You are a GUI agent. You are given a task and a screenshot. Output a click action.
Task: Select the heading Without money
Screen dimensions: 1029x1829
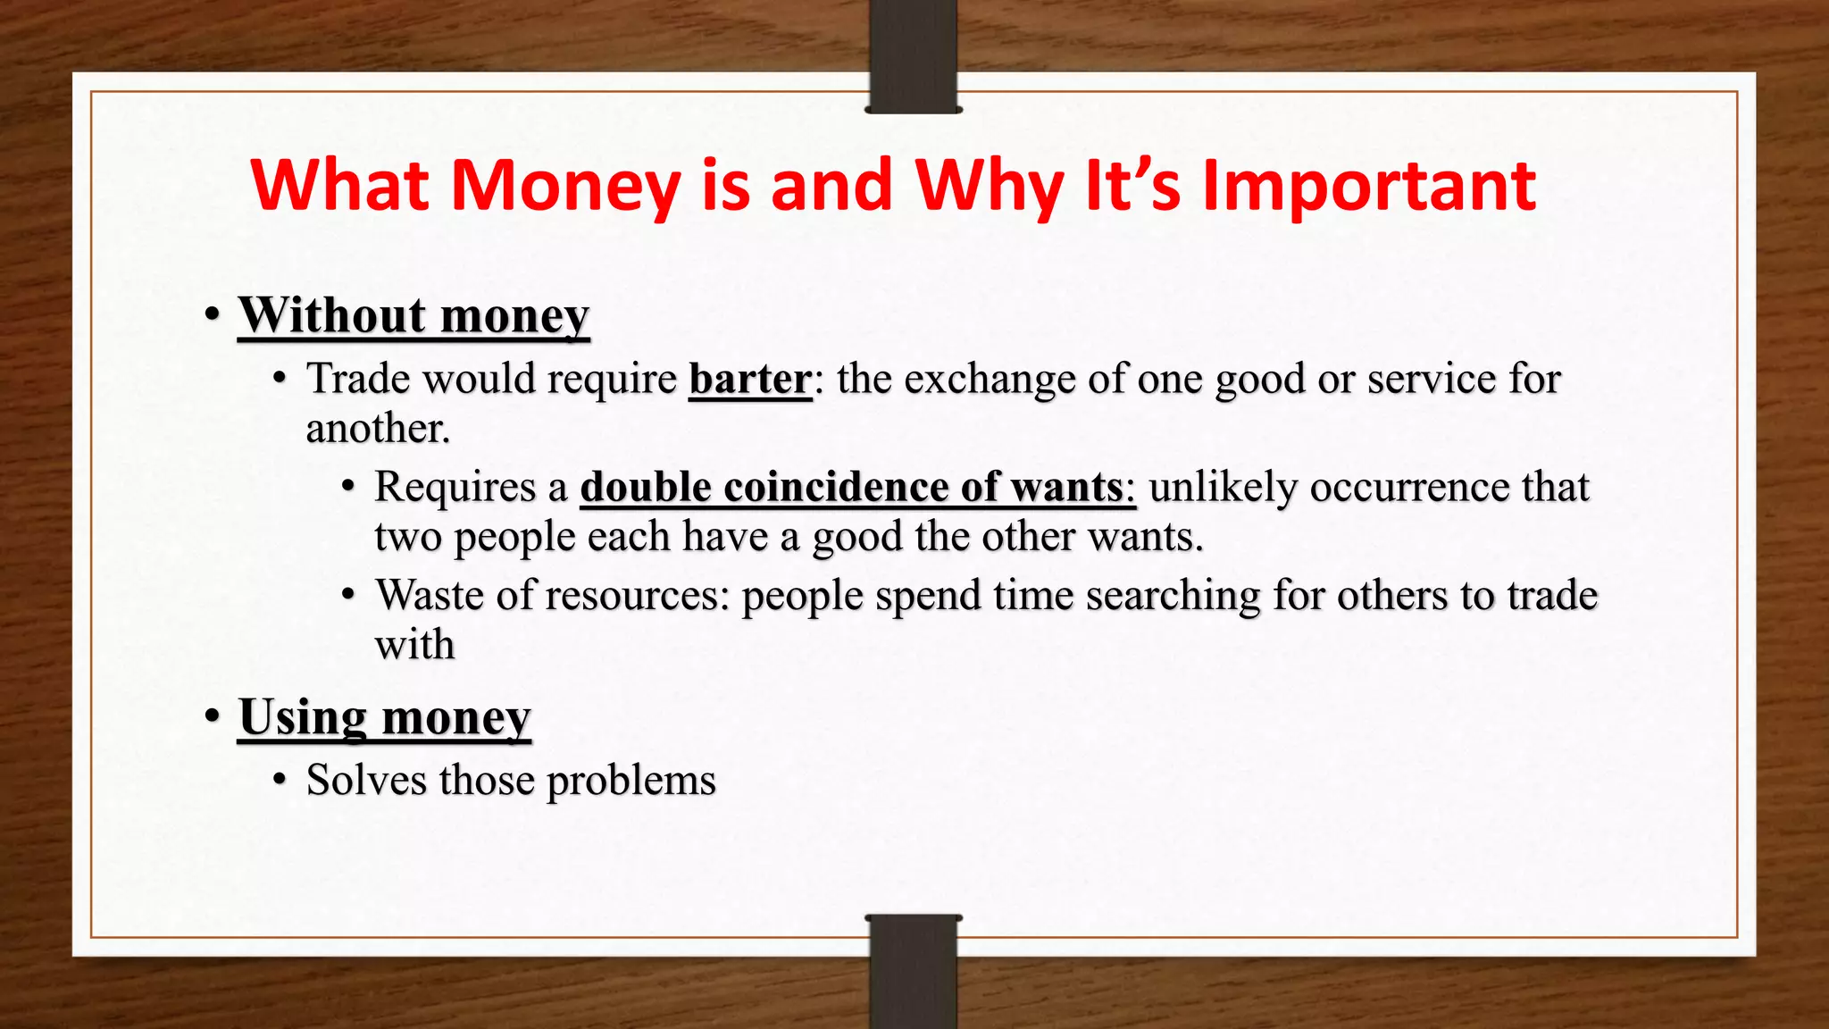[413, 315]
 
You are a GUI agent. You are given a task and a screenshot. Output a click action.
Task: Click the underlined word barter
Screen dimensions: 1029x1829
[750, 379]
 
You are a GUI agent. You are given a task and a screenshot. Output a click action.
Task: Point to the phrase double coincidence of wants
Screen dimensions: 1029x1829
[857, 488]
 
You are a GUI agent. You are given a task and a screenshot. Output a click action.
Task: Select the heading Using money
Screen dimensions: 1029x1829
[385, 717]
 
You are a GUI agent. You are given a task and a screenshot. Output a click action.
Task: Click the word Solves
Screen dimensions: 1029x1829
[366, 780]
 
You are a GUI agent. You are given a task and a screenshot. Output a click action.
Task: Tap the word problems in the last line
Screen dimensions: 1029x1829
[631, 781]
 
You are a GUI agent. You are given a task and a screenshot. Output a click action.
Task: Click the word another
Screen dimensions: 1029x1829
[378, 429]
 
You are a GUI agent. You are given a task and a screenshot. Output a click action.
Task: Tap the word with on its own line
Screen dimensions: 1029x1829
[414, 645]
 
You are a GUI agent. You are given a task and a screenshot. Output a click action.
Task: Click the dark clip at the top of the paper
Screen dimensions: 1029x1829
[913, 55]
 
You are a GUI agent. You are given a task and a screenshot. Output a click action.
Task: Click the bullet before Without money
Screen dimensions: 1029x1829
[212, 315]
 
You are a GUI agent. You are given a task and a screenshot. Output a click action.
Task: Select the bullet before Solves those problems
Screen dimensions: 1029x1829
[280, 781]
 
